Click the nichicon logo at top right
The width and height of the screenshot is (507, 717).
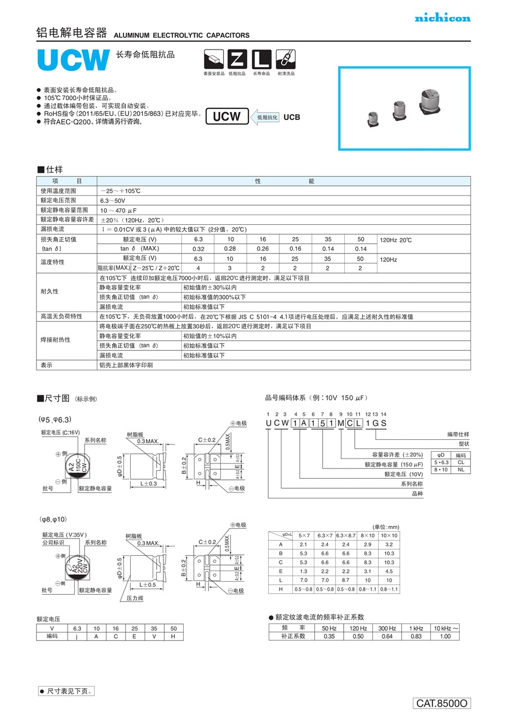(442, 18)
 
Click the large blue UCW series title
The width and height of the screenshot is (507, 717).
(73, 60)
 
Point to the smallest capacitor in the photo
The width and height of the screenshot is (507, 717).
(373, 117)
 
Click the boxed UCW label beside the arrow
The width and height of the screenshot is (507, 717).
(226, 117)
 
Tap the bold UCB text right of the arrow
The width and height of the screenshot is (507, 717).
(292, 117)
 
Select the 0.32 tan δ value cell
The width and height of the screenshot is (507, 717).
(198, 248)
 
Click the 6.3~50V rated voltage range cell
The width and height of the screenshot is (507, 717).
(113, 201)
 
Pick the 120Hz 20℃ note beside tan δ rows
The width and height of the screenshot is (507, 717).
(397, 240)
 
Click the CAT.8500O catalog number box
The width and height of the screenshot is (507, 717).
(442, 703)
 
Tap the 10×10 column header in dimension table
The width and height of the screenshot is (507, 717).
(389, 535)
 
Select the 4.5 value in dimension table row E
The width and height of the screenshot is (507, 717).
(389, 571)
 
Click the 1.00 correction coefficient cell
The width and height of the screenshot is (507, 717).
(445, 636)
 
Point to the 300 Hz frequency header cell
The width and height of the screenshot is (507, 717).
(387, 628)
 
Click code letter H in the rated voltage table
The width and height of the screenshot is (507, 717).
(174, 636)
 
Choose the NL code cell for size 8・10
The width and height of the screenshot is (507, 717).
(460, 469)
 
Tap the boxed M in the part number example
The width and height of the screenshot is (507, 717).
(340, 423)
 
